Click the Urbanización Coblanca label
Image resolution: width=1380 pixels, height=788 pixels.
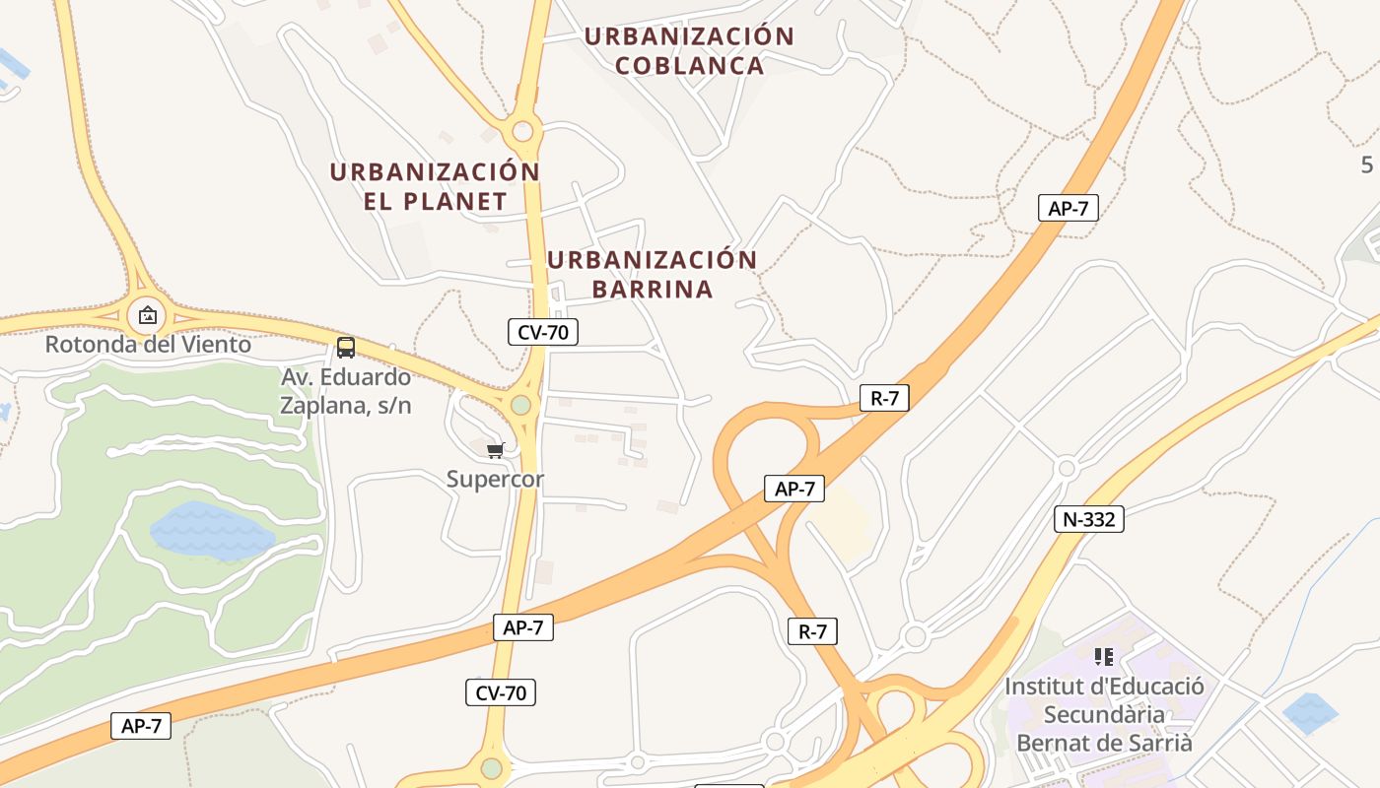(689, 51)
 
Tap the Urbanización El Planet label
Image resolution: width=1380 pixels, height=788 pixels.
(435, 186)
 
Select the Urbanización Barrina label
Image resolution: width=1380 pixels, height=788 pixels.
(652, 274)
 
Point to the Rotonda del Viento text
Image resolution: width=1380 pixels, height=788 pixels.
(148, 345)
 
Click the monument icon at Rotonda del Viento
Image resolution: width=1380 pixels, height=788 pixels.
(148, 315)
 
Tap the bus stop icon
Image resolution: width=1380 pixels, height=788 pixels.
(345, 347)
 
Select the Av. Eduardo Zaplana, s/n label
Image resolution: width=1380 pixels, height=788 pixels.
(346, 391)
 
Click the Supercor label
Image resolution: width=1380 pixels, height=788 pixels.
(495, 480)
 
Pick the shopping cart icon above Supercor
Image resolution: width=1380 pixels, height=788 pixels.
(495, 450)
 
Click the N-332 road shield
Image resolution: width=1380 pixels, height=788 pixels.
(1088, 519)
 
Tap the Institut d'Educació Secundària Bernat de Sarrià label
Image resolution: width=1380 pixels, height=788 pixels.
(1104, 714)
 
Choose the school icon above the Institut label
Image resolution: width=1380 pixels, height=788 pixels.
(1103, 656)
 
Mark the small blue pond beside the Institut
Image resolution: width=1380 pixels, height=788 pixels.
(1310, 713)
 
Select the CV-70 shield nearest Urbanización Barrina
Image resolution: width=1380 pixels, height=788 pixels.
(543, 332)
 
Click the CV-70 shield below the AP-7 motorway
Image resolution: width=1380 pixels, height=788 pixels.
(501, 692)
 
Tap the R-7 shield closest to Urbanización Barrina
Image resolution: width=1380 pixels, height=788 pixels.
(884, 398)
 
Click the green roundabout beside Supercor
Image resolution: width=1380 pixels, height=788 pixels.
(520, 405)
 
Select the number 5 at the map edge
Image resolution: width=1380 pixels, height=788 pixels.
(1366, 164)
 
